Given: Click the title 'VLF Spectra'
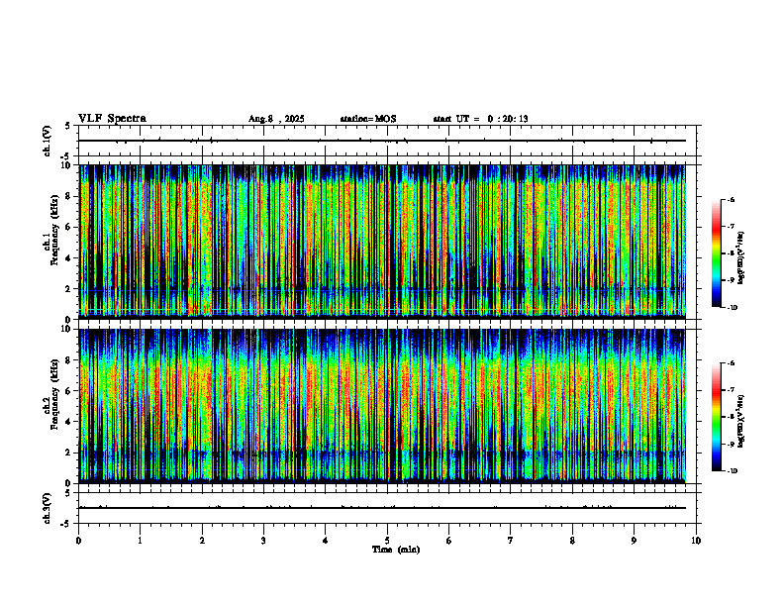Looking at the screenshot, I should tap(112, 118).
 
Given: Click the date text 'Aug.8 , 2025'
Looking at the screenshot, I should tap(276, 119).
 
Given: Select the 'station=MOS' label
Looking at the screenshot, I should tap(367, 119).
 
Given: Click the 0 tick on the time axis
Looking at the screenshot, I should tap(78, 541).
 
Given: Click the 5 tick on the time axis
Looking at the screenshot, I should tap(387, 541).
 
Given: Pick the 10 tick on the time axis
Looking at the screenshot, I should tap(696, 541).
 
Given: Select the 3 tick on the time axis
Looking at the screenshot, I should tap(263, 541).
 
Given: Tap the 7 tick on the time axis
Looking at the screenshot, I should tap(511, 541).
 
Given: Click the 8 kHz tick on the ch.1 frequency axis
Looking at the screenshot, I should tap(67, 196).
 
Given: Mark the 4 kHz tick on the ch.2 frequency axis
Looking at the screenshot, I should tap(67, 421).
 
